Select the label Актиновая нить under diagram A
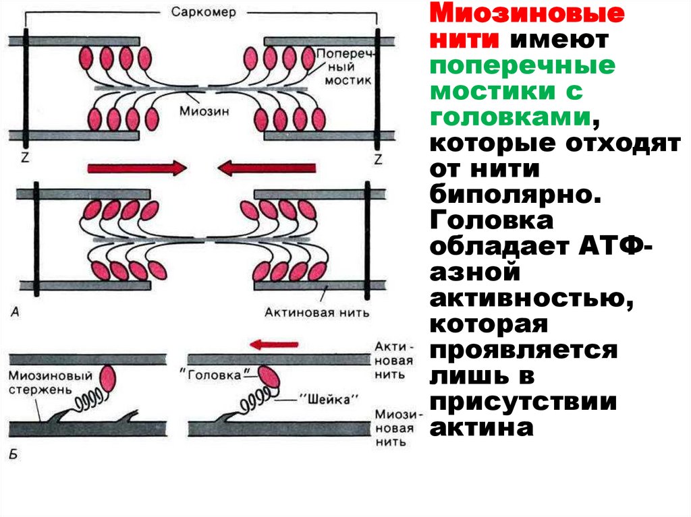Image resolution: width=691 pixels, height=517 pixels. pyautogui.click(x=316, y=311)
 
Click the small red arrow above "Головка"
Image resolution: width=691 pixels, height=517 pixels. pyautogui.click(x=273, y=344)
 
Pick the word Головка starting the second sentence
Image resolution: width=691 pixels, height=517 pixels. pyautogui.click(x=493, y=220)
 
